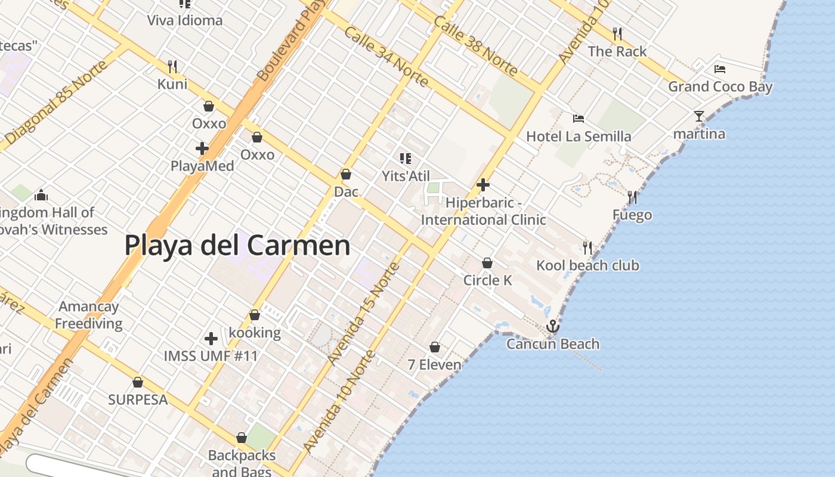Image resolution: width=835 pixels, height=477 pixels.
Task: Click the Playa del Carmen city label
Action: (x=237, y=245)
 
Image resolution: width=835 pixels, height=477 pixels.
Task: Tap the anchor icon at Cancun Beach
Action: (x=553, y=326)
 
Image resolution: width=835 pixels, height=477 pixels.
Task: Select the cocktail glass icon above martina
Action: (x=699, y=116)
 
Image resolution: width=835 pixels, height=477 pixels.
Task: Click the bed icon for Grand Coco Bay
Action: (x=719, y=69)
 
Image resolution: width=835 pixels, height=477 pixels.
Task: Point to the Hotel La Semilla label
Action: (x=578, y=137)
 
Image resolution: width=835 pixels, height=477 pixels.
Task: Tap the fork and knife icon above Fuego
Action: (x=632, y=197)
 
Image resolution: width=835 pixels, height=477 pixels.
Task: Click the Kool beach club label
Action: (x=587, y=265)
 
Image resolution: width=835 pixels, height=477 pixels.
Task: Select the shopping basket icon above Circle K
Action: (x=487, y=263)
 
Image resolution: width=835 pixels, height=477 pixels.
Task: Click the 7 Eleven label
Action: (x=434, y=364)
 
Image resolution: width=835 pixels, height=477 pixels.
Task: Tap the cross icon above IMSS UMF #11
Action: (x=211, y=339)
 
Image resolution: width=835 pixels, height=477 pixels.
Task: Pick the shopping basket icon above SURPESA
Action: (x=138, y=382)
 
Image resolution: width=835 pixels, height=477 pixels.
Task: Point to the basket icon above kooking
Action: (x=255, y=315)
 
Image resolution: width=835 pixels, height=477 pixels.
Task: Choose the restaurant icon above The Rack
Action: (x=617, y=33)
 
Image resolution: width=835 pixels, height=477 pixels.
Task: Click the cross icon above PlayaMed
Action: (x=202, y=148)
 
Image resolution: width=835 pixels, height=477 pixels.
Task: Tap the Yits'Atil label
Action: (x=405, y=176)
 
